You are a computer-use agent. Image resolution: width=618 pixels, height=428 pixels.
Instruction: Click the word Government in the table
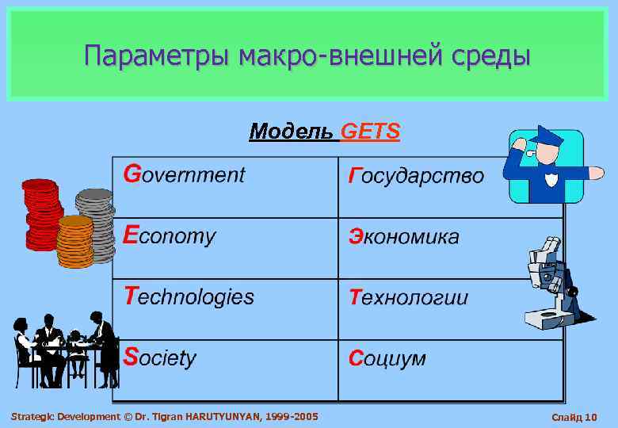185,174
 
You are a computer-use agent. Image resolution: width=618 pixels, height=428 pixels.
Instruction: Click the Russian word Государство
416,175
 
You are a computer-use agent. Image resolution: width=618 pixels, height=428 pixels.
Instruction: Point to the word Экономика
404,236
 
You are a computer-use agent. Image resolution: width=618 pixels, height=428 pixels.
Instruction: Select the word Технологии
409,297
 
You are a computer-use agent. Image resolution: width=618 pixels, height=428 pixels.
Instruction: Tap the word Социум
387,358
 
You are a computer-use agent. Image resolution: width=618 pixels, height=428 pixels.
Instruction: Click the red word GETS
370,131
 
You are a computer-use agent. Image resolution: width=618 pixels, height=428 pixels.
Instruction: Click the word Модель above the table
292,131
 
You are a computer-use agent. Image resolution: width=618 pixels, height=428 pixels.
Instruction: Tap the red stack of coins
41,214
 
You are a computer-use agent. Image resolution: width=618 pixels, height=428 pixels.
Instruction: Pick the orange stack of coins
76,242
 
